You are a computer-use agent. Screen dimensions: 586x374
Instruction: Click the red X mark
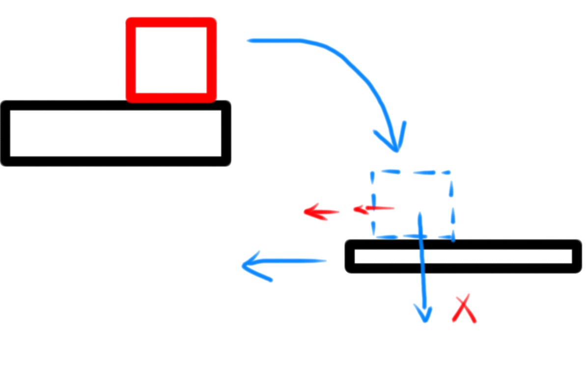464,309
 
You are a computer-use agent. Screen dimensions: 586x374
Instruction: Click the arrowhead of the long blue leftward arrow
246,266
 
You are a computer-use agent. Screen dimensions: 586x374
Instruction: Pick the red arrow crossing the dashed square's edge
373,209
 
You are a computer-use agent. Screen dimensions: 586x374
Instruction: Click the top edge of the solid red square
171,22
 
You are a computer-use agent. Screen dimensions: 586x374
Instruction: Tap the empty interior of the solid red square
171,59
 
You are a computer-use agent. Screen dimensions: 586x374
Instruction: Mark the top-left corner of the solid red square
131,22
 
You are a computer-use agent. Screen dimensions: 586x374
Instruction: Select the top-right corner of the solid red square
212,22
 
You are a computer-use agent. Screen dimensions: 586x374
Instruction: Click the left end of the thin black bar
350,256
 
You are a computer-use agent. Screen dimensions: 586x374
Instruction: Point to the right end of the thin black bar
577,256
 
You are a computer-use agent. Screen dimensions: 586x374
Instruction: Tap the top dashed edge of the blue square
412,172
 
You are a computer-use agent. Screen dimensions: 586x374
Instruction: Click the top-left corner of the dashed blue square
372,173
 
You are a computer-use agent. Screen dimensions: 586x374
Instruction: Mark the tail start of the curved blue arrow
249,40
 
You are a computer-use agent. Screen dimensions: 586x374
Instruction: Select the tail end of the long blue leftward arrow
325,260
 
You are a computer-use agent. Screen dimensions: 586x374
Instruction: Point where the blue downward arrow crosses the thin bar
421,256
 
